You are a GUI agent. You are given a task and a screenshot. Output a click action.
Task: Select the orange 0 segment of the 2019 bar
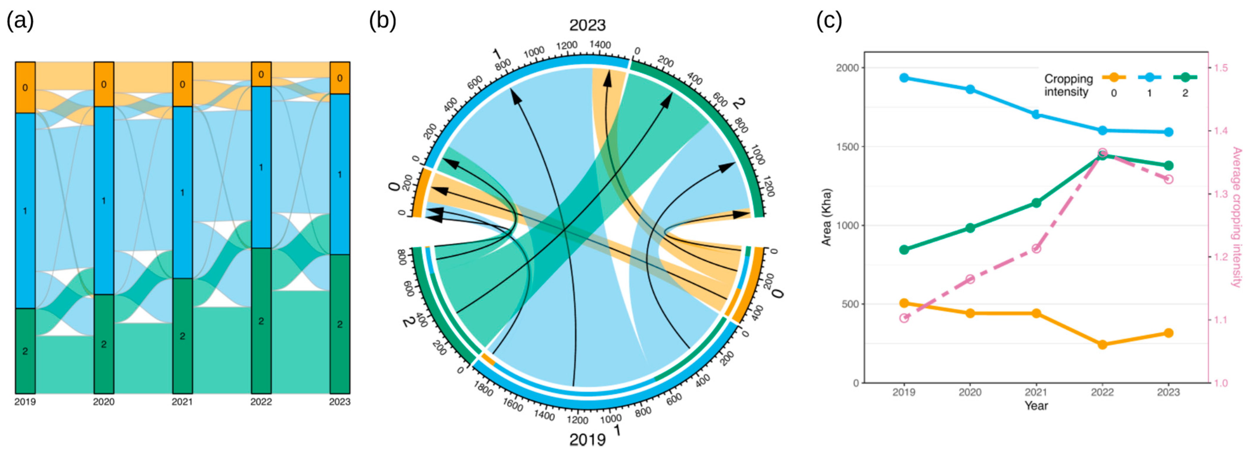25,88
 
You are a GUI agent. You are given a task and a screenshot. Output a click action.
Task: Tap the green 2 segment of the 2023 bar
340,324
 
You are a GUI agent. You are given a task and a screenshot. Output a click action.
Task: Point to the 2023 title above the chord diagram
588,25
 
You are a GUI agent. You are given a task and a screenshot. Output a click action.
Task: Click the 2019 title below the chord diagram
588,440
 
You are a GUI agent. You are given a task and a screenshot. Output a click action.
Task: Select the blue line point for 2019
904,78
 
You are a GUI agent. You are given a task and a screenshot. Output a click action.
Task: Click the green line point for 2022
1102,155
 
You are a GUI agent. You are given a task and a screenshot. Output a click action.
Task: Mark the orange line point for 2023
1169,333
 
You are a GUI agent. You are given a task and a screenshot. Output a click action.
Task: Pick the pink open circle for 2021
1036,248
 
